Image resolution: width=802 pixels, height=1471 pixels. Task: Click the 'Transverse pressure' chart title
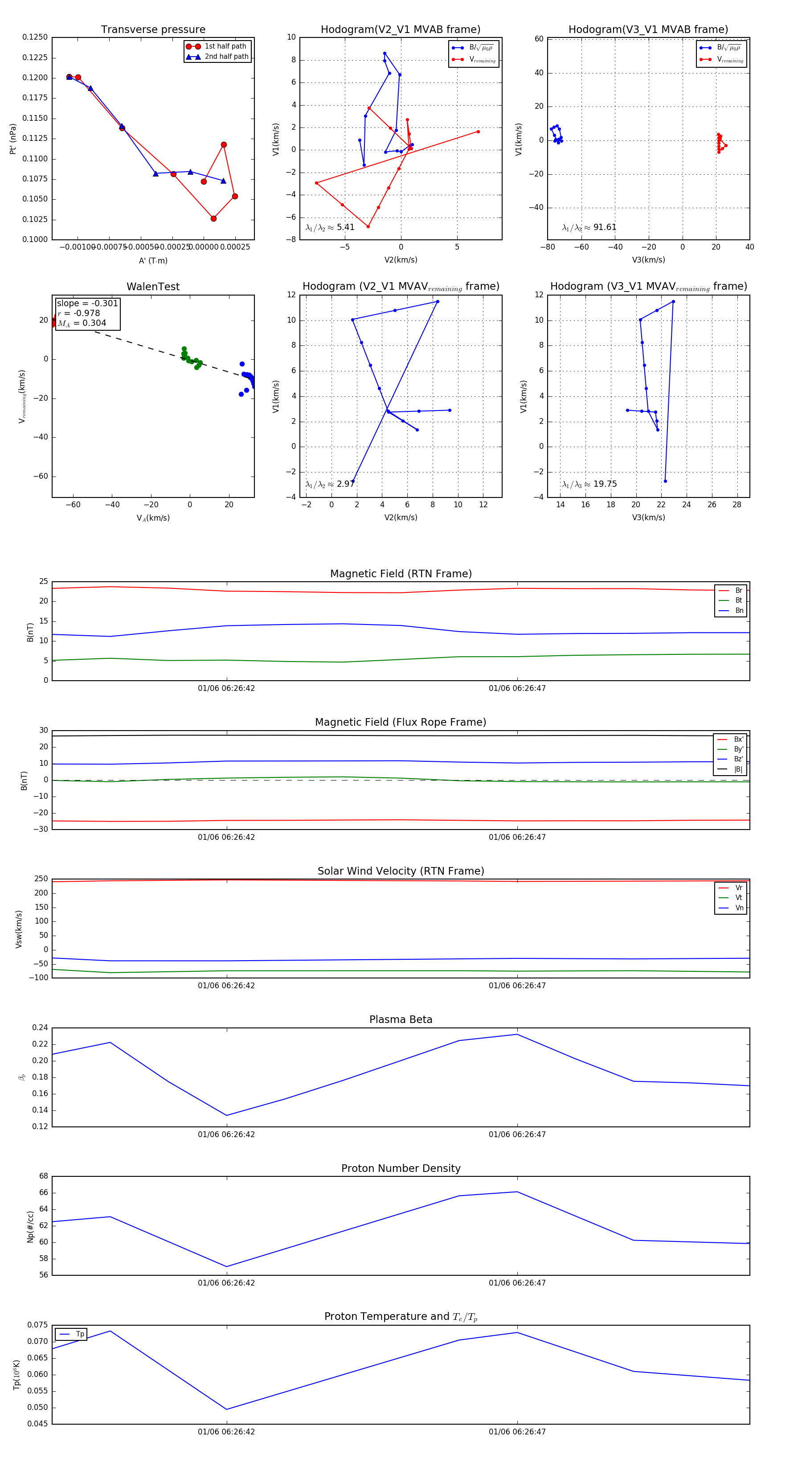coord(153,30)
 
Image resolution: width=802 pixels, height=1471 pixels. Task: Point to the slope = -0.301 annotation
coord(87,303)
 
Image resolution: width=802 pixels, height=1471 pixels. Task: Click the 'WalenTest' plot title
coord(153,287)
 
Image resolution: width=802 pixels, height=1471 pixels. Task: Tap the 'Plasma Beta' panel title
coord(401,1019)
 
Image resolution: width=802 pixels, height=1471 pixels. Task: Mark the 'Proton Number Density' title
coord(401,1168)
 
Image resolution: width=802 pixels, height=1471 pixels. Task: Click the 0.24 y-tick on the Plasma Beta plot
coord(40,1028)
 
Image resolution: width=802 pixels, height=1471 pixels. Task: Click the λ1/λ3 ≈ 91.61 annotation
coord(589,227)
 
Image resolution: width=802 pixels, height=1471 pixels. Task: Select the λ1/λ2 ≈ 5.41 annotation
coord(330,227)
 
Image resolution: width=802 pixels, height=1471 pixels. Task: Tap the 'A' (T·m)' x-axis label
coord(153,260)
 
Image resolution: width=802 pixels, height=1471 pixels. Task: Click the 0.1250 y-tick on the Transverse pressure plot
coord(35,37)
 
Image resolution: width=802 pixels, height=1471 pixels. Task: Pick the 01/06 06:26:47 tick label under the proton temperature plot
coord(517,1432)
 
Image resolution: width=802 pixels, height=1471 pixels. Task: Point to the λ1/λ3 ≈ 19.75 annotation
coord(589,484)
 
